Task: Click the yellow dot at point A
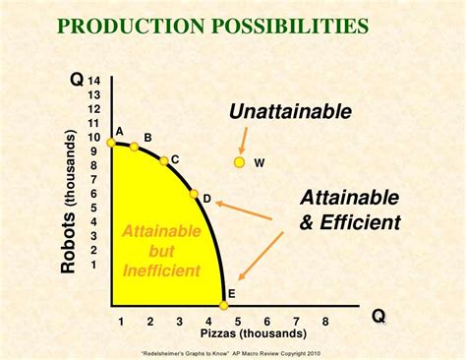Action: (x=111, y=143)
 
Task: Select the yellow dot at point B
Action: (x=134, y=148)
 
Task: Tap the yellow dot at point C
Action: (x=164, y=160)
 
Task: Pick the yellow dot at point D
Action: (x=194, y=195)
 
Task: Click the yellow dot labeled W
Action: (x=239, y=162)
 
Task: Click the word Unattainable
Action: (x=290, y=112)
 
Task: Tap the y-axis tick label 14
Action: (x=94, y=81)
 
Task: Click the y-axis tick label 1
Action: (x=94, y=264)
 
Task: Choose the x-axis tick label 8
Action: (x=324, y=322)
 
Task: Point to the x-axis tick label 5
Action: (x=237, y=322)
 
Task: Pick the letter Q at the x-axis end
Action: (x=378, y=317)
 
